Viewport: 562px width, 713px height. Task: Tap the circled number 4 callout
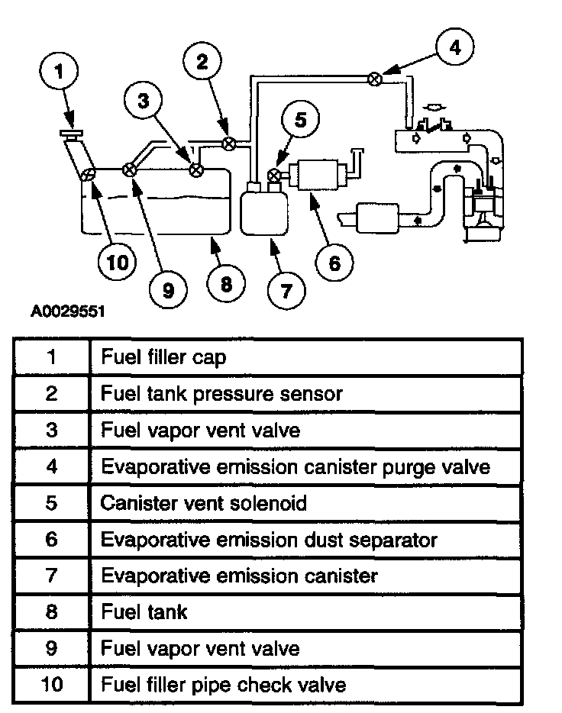point(455,47)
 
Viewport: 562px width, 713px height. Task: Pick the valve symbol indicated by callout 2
point(228,143)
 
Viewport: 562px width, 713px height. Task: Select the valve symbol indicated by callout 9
point(130,169)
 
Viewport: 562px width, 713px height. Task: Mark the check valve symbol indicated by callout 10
point(89,174)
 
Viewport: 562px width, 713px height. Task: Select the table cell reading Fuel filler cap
point(163,357)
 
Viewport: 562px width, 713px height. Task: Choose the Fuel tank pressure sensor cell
point(221,394)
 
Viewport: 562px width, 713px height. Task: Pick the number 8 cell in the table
point(52,611)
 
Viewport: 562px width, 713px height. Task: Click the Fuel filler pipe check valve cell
point(223,684)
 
